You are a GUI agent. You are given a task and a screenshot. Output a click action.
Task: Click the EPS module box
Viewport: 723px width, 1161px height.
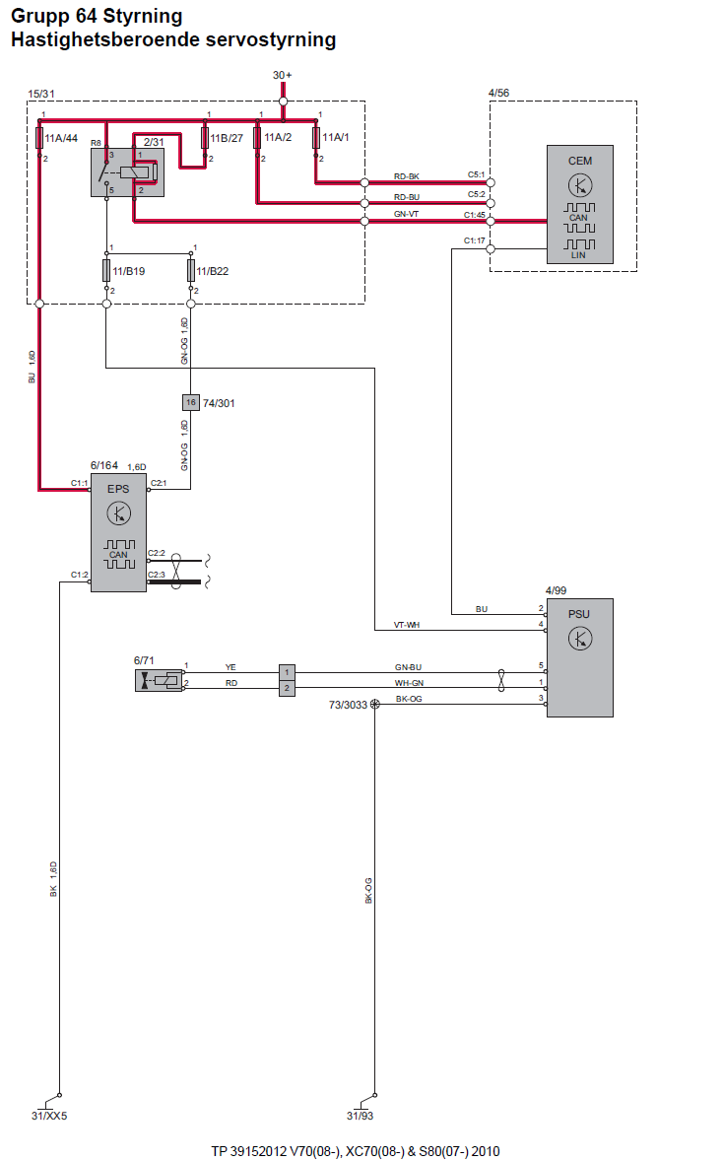click(118, 533)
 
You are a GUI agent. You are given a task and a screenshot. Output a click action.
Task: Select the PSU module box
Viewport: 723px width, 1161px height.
click(580, 657)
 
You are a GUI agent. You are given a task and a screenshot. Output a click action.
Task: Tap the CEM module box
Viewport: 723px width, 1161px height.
click(580, 204)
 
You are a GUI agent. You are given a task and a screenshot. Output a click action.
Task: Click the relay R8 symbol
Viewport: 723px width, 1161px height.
click(127, 172)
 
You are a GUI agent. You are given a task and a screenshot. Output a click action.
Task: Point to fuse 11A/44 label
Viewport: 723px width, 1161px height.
click(61, 138)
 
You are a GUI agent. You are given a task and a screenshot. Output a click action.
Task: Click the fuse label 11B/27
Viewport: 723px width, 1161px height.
click(227, 138)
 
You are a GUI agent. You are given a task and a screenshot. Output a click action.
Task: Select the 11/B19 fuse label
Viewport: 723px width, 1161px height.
click(129, 271)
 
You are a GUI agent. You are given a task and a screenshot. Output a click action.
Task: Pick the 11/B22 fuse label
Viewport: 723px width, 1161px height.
click(213, 271)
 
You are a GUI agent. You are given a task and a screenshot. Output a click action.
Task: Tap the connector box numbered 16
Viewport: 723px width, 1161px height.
click(191, 403)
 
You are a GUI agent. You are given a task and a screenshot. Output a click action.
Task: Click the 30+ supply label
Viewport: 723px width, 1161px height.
click(282, 76)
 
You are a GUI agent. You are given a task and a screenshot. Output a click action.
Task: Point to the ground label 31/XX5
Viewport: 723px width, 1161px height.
click(49, 1116)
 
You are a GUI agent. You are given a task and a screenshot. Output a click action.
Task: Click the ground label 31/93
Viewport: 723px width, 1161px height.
click(360, 1116)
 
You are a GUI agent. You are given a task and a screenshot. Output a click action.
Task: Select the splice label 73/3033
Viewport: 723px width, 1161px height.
click(348, 705)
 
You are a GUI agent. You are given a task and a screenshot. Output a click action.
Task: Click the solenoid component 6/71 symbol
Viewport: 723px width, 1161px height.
click(160, 680)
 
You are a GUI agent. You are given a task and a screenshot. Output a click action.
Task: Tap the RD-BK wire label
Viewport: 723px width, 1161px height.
click(406, 177)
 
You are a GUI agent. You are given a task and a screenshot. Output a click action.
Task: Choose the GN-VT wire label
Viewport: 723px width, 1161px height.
click(406, 214)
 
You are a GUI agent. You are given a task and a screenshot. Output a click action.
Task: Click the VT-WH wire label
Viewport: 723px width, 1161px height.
click(406, 625)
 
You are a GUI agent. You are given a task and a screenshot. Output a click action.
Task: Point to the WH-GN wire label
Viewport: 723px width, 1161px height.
click(409, 683)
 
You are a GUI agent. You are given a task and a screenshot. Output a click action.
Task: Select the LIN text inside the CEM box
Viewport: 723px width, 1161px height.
click(578, 255)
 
